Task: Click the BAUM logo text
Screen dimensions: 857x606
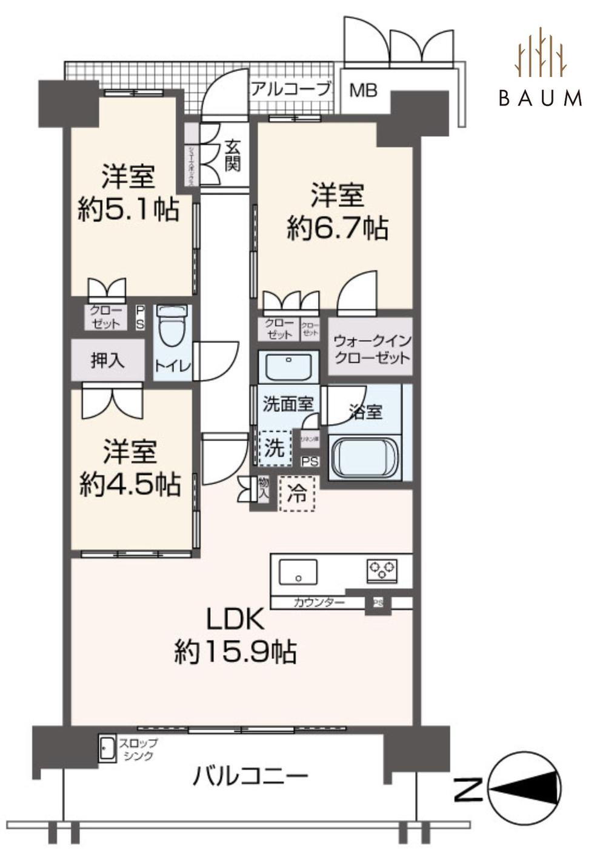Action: pyautogui.click(x=540, y=98)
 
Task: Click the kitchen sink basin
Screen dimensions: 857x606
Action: pyautogui.click(x=298, y=571)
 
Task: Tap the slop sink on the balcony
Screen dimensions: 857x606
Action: pyautogui.click(x=107, y=749)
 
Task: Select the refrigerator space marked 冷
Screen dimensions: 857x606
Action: pyautogui.click(x=297, y=492)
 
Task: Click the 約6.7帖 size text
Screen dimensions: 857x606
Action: pyautogui.click(x=338, y=228)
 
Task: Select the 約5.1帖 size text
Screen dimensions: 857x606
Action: pyautogui.click(x=128, y=210)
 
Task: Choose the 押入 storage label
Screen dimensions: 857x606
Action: pyautogui.click(x=108, y=361)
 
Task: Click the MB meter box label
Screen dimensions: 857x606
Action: pyautogui.click(x=364, y=90)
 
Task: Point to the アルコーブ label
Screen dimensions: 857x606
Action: pyautogui.click(x=291, y=89)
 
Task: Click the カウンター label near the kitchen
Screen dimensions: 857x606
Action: pyautogui.click(x=318, y=602)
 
